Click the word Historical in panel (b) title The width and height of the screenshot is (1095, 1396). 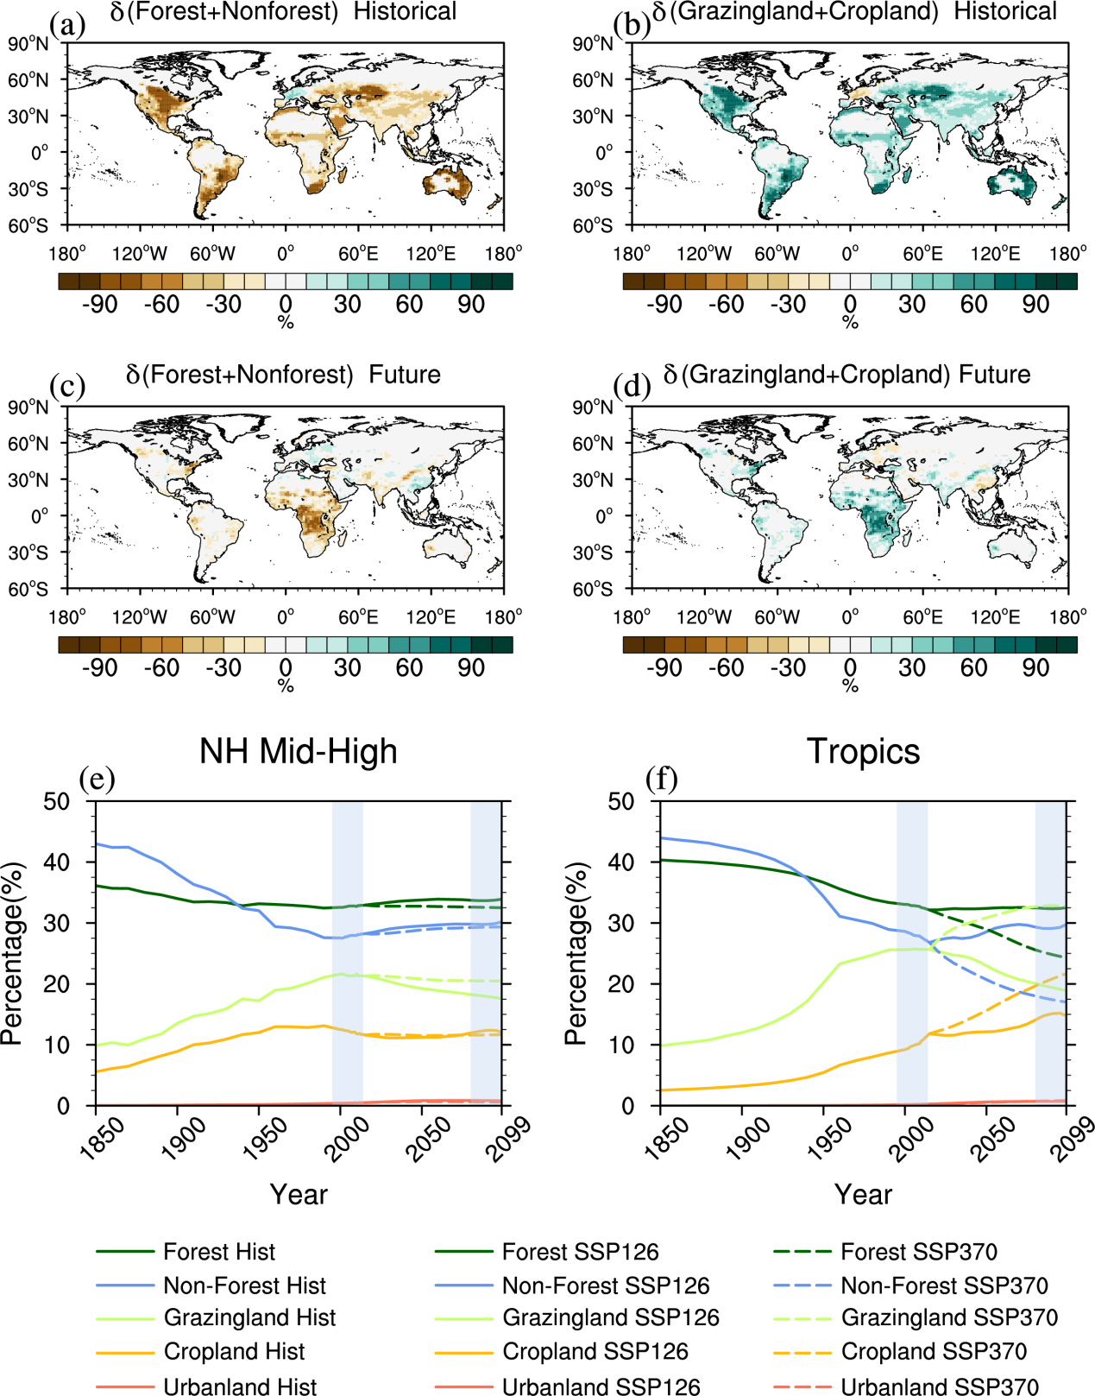point(1005,11)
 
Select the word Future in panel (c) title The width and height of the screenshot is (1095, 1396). point(405,375)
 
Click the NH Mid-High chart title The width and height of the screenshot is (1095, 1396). point(299,751)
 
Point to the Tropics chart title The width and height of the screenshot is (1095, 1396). point(863,751)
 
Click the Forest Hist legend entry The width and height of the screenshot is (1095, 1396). point(219,1252)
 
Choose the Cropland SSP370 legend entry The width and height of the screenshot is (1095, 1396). point(934,1351)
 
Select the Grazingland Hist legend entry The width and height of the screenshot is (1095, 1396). point(249,1317)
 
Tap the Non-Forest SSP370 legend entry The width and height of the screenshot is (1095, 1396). point(944,1285)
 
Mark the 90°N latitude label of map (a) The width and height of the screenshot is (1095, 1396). point(28,44)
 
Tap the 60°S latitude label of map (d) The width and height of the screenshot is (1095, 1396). point(593,589)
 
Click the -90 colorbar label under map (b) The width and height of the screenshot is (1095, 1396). point(664,304)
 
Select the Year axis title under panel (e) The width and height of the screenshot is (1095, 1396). point(299,1195)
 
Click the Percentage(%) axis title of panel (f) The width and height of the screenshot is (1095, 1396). point(576,953)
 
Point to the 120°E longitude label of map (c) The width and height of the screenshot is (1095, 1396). point(431,617)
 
